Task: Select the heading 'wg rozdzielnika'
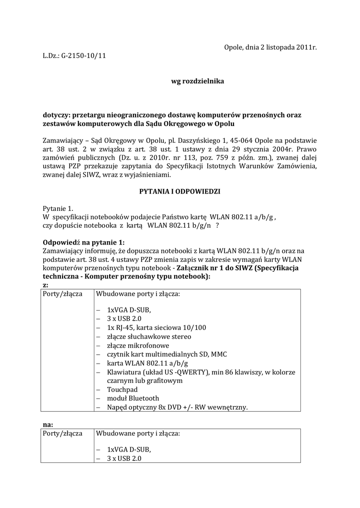point(191,81)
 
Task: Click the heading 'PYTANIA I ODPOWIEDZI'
point(180,190)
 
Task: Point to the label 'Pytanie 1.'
point(58,208)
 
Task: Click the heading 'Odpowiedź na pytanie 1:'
point(84,243)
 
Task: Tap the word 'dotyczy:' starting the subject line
point(56,115)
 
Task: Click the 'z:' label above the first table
point(46,285)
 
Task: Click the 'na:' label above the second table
point(48,425)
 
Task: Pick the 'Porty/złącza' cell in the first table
point(63,294)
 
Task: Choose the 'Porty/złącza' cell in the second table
point(63,434)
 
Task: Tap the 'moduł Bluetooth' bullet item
point(133,398)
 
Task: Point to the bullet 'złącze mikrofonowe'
point(138,345)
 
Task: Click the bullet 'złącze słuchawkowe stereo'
point(148,336)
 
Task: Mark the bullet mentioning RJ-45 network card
point(156,327)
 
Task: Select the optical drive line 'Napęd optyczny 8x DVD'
point(177,407)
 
